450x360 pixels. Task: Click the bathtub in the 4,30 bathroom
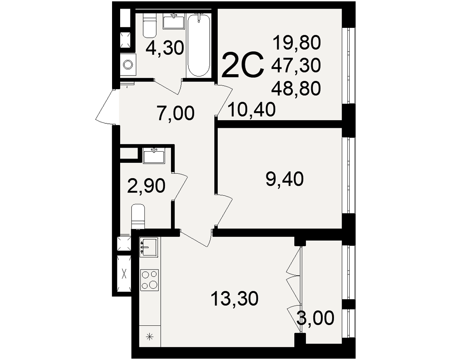198,45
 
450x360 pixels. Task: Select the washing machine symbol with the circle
128,64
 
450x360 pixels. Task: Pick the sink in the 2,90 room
154,156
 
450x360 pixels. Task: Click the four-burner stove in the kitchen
149,279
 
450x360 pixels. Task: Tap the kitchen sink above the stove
148,247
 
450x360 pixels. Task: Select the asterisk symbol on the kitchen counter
149,336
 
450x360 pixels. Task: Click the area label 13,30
234,298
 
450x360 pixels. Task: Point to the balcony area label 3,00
315,318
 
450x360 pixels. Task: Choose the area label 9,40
285,179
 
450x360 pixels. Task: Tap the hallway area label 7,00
175,113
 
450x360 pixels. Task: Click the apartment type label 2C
243,65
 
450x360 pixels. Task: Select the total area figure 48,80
296,88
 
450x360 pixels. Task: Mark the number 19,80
296,42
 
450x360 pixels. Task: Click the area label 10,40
252,109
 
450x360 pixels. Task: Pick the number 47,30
296,65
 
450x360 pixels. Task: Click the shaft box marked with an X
124,273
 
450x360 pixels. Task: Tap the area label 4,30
164,48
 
